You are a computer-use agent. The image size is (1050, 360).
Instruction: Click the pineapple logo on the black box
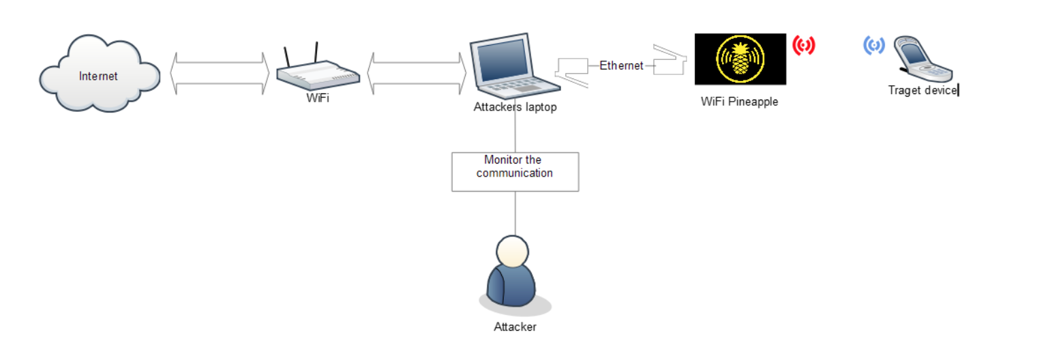(x=740, y=59)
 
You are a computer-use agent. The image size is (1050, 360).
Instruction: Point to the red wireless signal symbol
(x=803, y=46)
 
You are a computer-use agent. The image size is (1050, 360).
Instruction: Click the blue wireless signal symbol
(x=874, y=46)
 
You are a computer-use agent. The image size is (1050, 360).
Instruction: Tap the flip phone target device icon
(x=922, y=59)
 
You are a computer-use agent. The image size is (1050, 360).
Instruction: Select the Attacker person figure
(x=514, y=275)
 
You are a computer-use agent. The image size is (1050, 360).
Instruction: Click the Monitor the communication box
(x=515, y=172)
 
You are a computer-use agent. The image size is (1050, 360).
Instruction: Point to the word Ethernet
(x=621, y=65)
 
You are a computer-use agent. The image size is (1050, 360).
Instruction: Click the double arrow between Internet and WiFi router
(x=220, y=73)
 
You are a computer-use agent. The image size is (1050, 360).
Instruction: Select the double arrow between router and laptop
(x=417, y=73)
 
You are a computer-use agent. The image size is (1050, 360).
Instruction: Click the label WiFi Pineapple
(x=739, y=102)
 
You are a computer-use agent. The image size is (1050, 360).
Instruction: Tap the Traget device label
(x=922, y=90)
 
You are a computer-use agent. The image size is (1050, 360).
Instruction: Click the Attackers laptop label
(x=515, y=107)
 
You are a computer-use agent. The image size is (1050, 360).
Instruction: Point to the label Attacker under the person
(x=515, y=327)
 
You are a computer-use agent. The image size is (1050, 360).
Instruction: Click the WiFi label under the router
(x=318, y=98)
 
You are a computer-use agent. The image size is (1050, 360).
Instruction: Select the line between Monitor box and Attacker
(x=515, y=213)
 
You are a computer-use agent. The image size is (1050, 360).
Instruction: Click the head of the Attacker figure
(x=512, y=251)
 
